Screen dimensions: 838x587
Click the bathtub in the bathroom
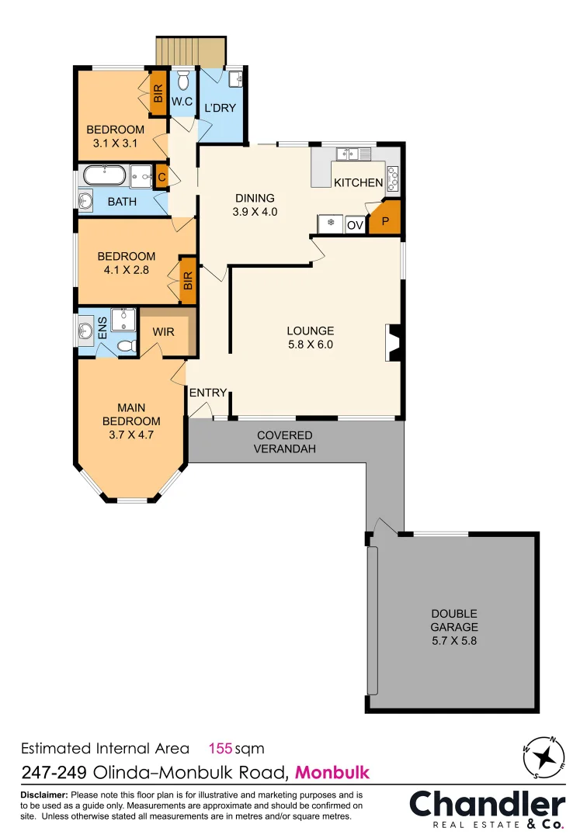click(104, 174)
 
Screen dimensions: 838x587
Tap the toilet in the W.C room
click(183, 81)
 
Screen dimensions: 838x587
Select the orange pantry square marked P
click(384, 220)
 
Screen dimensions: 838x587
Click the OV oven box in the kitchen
click(355, 225)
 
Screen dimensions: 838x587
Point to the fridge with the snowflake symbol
click(331, 224)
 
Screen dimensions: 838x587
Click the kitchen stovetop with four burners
click(393, 178)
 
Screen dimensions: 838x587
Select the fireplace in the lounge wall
click(391, 342)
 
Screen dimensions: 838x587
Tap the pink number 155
click(221, 749)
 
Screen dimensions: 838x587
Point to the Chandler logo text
click(488, 804)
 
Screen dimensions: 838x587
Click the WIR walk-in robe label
click(163, 332)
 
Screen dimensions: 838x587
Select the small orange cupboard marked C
click(162, 176)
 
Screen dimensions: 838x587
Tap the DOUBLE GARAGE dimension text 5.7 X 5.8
click(455, 641)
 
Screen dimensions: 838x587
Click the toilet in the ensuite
click(124, 346)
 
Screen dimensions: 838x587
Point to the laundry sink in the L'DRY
click(235, 78)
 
